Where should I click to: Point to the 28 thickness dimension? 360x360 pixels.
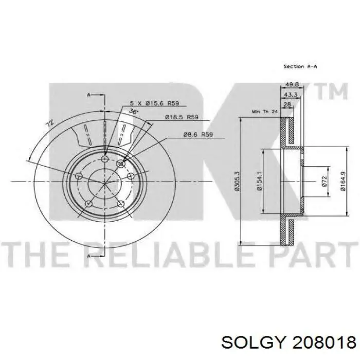(287, 104)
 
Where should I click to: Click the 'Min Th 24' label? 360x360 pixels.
(264, 112)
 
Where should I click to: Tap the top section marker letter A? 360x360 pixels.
(88, 95)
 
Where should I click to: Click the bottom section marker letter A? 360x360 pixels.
(88, 256)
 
